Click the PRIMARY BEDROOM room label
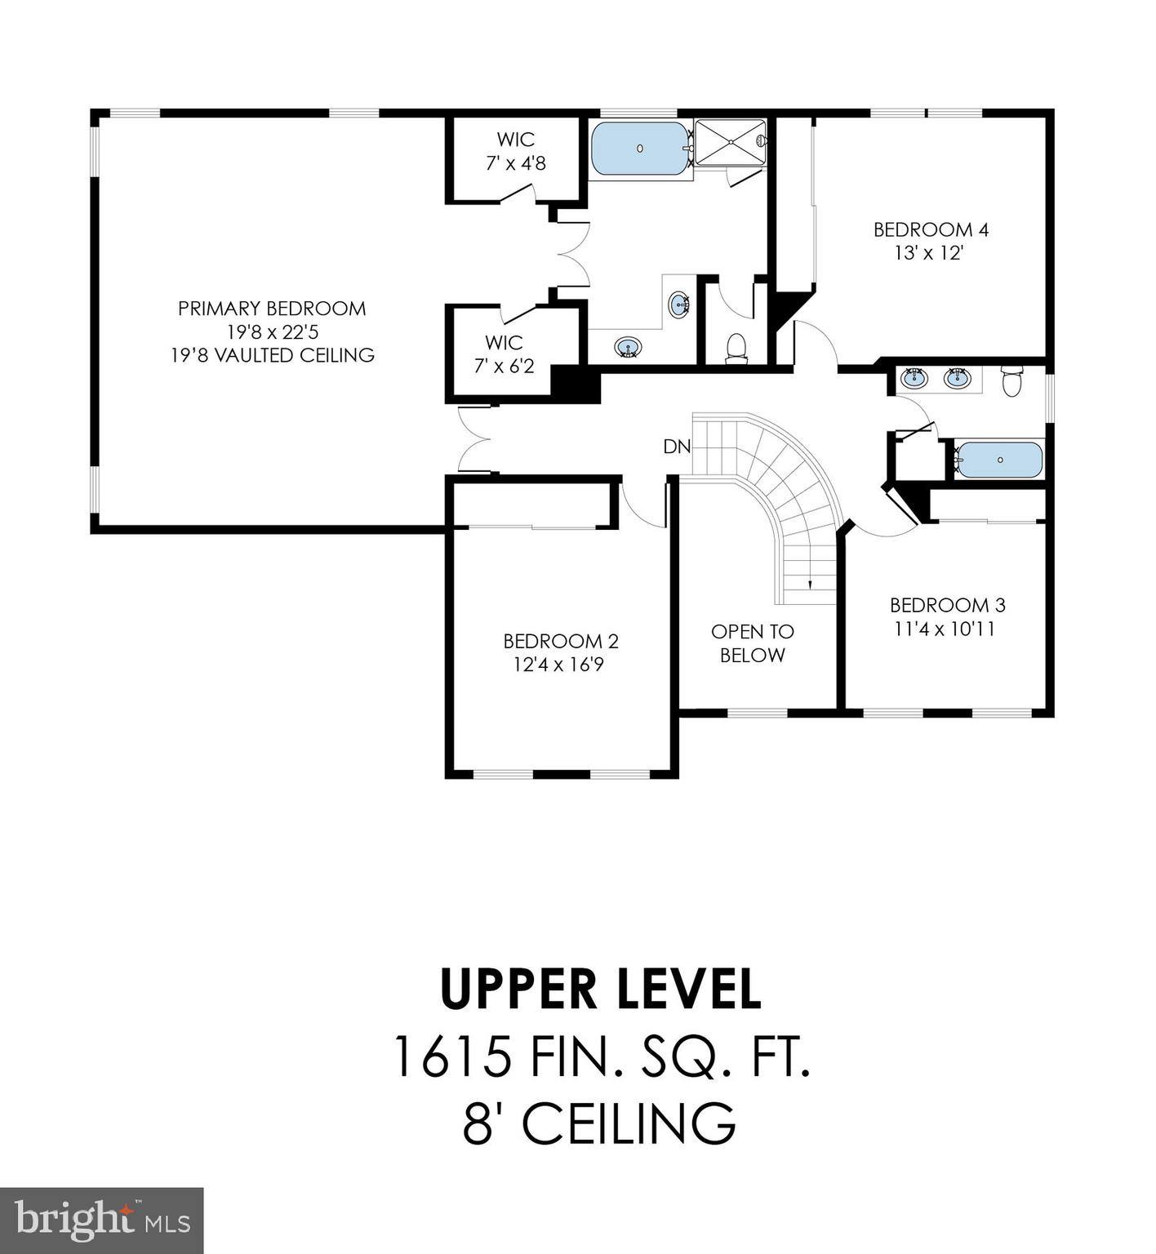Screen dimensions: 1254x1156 (272, 309)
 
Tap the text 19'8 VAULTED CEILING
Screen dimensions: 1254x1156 (272, 355)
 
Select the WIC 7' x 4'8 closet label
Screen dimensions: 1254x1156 (515, 151)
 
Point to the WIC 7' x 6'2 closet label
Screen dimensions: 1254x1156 (504, 354)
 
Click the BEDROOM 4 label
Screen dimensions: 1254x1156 (931, 229)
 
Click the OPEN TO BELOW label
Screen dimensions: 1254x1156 (752, 643)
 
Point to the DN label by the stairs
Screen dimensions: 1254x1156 (676, 447)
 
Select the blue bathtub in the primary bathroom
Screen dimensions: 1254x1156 (640, 149)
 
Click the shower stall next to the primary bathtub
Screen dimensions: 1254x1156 (731, 143)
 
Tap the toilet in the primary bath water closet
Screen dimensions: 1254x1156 (736, 346)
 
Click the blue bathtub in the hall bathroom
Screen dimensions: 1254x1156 (999, 460)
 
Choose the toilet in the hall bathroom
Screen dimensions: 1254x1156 (1011, 381)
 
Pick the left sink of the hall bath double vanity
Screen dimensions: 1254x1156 (914, 378)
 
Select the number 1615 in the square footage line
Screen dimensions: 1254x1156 (453, 1056)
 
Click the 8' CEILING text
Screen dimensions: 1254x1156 (600, 1123)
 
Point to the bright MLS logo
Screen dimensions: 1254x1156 (101, 1221)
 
